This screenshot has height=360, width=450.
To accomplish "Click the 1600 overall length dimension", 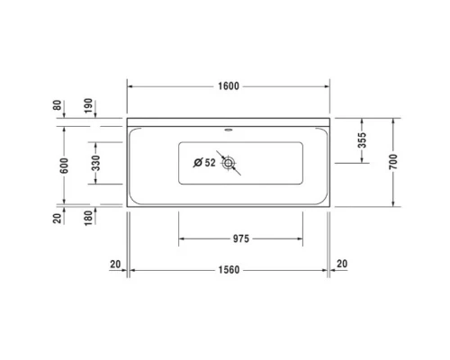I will pos(229,85).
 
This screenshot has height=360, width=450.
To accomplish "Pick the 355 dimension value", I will pos(362,139).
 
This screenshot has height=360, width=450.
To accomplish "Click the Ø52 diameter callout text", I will pos(204,163).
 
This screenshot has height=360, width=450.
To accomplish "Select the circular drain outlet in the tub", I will pos(229,163).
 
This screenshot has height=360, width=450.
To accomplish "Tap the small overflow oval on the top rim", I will pos(229,128).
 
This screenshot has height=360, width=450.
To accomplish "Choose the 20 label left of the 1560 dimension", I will pos(113,263).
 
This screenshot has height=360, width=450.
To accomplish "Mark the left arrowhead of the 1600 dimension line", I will pos(130,85).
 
